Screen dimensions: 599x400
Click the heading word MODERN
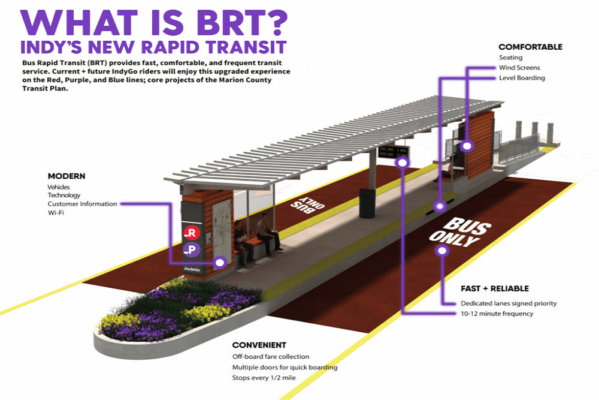(x=66, y=176)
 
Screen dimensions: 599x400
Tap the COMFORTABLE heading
(x=530, y=46)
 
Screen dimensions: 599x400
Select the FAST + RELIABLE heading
(x=495, y=288)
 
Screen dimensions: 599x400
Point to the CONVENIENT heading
(x=259, y=345)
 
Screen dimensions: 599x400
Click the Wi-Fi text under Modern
(x=56, y=213)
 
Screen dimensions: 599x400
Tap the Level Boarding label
(x=522, y=78)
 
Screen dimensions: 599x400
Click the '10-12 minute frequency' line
(x=497, y=314)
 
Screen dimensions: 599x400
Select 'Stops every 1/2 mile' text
(x=264, y=378)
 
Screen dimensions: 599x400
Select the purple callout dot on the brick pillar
(x=467, y=145)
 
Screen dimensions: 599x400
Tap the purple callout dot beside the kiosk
(x=220, y=262)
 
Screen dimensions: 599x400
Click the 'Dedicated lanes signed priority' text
(x=509, y=303)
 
